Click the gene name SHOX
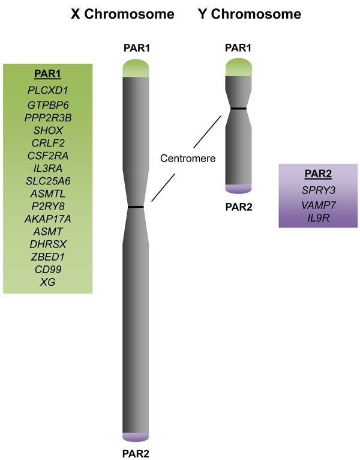47,130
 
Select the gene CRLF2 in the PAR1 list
47,143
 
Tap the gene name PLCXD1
47,91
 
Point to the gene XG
47,281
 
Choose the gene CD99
47,268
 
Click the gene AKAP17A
47,219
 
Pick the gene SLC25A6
47,181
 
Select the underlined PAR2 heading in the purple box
317,175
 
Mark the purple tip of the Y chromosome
238,189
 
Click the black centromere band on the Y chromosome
238,108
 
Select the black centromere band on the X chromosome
136,207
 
